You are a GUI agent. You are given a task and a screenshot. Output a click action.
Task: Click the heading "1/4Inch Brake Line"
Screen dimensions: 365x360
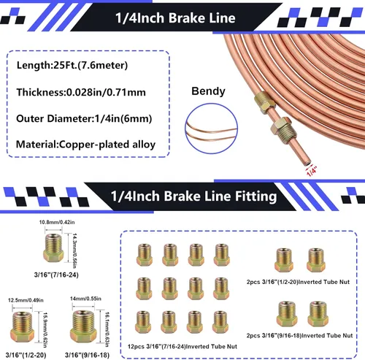tap(175, 18)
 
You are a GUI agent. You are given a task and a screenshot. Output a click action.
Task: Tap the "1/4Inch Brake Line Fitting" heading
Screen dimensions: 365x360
tap(194, 196)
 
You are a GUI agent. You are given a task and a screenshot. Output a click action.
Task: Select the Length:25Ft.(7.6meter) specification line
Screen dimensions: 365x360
tap(72, 65)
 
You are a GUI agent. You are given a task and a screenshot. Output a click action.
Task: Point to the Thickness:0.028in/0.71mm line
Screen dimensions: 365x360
tap(81, 92)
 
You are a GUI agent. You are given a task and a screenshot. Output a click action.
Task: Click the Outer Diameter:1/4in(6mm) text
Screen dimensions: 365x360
tap(84, 118)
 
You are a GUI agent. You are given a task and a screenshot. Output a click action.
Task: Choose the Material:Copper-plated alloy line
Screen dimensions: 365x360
tap(85, 145)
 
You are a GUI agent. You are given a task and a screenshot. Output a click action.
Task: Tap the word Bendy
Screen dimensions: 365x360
tap(208, 91)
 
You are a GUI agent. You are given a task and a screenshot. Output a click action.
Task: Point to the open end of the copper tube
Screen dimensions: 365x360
tap(308, 162)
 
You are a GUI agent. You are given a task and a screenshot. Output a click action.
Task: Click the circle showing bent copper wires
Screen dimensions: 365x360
tap(211, 105)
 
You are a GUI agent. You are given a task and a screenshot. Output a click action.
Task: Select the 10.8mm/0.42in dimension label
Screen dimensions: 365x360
tap(57, 222)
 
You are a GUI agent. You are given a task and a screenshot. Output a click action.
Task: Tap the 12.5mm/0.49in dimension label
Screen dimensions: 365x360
tap(26, 300)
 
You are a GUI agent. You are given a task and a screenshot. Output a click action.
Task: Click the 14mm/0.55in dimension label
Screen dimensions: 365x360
tap(85, 299)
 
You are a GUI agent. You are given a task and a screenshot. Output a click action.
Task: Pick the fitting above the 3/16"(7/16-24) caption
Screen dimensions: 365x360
tap(53, 248)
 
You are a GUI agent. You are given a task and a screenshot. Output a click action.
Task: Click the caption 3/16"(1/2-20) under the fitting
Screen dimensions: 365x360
tap(26, 355)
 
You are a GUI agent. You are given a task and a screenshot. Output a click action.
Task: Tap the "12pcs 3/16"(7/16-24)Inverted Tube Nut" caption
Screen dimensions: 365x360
tap(182, 346)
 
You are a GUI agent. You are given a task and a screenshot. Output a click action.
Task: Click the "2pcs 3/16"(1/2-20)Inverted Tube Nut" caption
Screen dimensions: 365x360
tap(298, 282)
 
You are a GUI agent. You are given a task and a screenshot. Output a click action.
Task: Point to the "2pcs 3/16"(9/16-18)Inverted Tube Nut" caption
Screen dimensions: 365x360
tap(299, 336)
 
